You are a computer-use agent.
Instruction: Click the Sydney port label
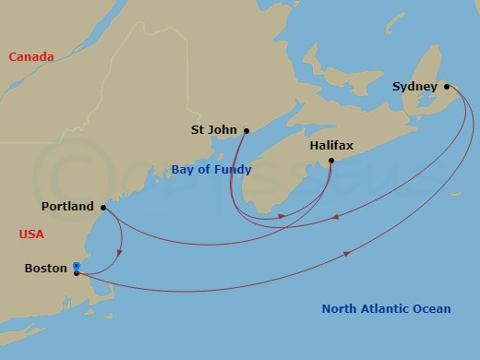pos(414,87)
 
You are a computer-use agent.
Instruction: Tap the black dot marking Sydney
pos(447,87)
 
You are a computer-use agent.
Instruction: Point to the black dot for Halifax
pos(331,162)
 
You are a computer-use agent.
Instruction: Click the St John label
pos(213,130)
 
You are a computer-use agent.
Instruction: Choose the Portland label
pos(67,207)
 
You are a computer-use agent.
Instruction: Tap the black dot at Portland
pos(102,207)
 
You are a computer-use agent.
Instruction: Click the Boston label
pos(46,269)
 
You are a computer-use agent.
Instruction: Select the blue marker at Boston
pos(77,267)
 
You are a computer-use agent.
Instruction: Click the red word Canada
pos(30,57)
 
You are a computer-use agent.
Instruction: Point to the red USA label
pos(31,234)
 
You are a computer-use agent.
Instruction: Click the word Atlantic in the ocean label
pos(386,309)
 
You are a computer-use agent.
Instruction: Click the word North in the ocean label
pos(339,309)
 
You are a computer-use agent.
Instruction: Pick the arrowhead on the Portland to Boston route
pos(121,253)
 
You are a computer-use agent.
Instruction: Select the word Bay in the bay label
pos(182,170)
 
